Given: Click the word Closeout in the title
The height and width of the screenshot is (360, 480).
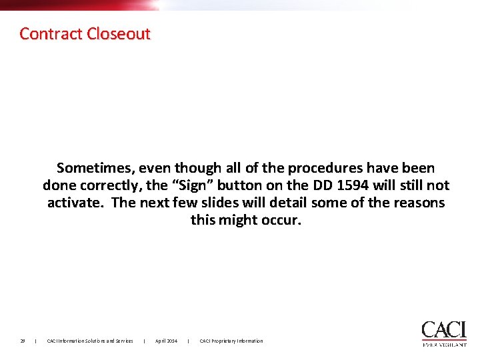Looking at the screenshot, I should [119, 33].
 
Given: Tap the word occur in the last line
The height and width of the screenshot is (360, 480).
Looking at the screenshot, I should [283, 220].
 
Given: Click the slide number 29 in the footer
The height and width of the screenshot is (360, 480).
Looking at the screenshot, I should [22, 341].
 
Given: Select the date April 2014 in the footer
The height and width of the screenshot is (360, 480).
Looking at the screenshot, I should [166, 341].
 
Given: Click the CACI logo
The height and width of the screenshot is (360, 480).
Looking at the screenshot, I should [443, 330].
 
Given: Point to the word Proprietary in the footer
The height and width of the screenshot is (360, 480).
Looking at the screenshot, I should [228, 341].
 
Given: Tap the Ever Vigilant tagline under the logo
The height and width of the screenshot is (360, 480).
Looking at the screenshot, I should [444, 345].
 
